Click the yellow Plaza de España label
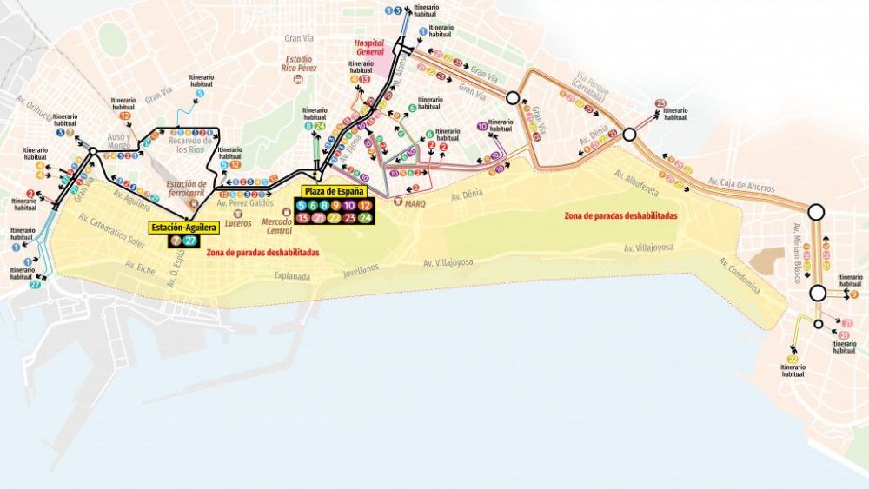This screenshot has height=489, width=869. tap(335, 191)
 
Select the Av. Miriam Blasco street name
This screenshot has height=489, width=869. tap(796, 253)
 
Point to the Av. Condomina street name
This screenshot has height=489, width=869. tap(740, 274)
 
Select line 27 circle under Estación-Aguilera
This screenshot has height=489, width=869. tap(191, 241)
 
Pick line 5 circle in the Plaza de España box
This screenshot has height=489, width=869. tap(302, 206)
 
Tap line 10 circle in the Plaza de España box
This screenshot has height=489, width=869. tap(349, 206)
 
